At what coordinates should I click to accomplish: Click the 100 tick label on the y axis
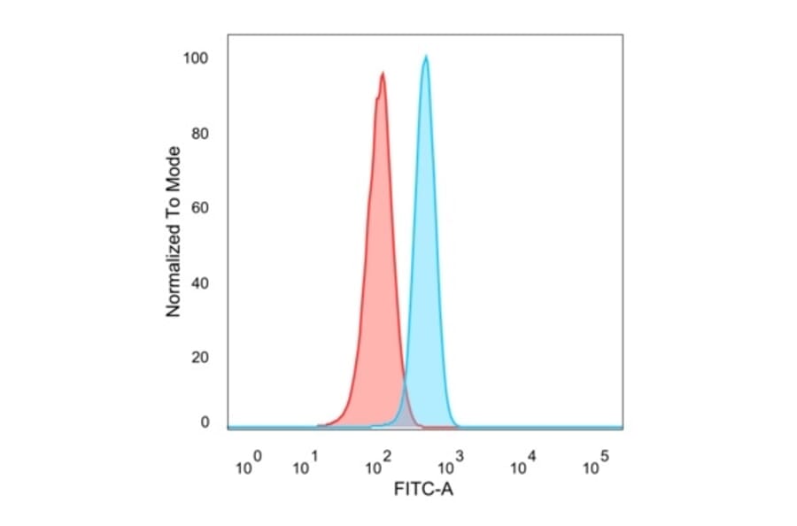coord(195,58)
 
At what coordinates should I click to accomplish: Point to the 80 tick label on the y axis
coord(199,135)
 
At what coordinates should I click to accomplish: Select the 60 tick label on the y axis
coord(199,209)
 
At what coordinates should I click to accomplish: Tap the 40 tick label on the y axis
coord(199,283)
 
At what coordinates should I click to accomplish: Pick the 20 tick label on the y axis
coord(199,358)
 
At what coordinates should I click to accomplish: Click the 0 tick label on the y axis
coord(204,422)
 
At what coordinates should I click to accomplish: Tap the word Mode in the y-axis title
coord(174,166)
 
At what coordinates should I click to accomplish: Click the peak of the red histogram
coord(383,74)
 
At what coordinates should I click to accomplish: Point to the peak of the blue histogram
coord(426,58)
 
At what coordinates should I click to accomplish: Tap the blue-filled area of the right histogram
coord(427,266)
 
